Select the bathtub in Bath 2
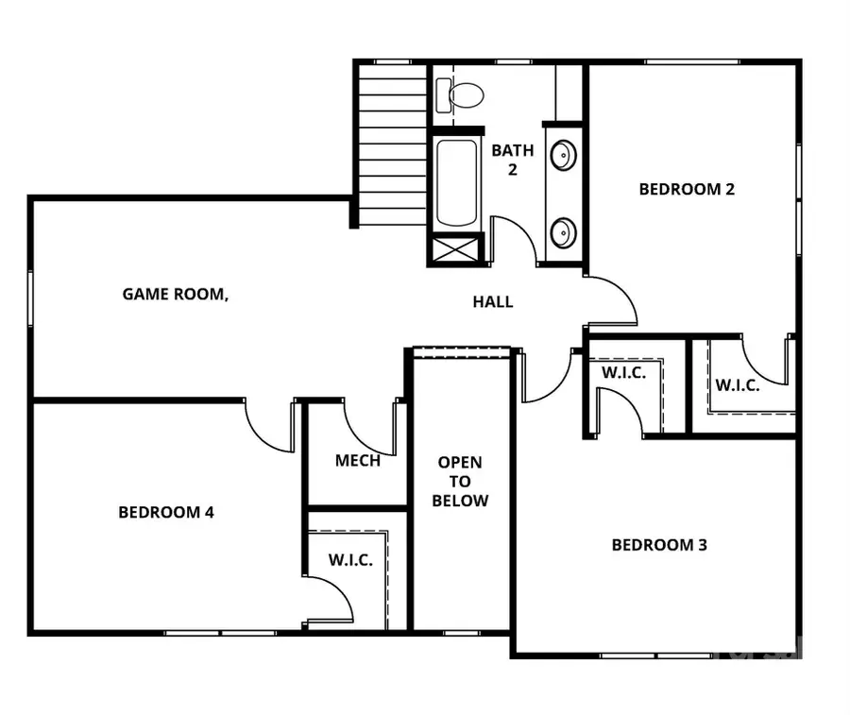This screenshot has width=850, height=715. [x=456, y=182]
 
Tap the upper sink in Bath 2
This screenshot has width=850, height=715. [x=563, y=154]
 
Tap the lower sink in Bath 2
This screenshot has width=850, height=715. [x=563, y=231]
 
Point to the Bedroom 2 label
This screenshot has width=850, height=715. [x=687, y=189]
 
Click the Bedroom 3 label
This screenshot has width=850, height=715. [x=659, y=545]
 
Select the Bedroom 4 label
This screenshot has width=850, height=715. [x=166, y=513]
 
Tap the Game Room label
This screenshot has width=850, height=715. [x=176, y=294]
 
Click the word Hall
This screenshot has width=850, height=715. [x=493, y=302]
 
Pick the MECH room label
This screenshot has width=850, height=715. [x=358, y=461]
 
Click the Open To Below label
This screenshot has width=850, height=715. [x=460, y=482]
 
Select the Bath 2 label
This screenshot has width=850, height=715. [x=512, y=159]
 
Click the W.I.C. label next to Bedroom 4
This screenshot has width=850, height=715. [x=350, y=560]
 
